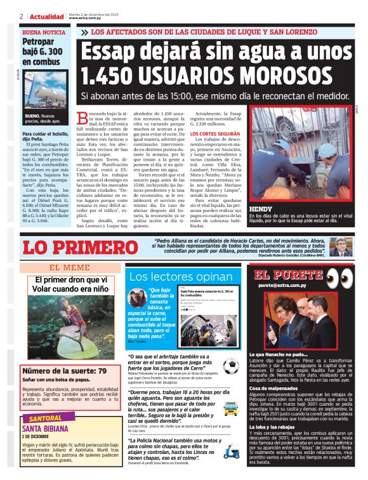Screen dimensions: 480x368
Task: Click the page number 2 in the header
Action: click(22, 17)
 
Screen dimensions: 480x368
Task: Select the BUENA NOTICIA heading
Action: click(43, 32)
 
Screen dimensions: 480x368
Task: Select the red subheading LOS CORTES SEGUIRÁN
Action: click(215, 135)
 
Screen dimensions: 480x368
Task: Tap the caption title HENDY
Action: click(260, 209)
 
